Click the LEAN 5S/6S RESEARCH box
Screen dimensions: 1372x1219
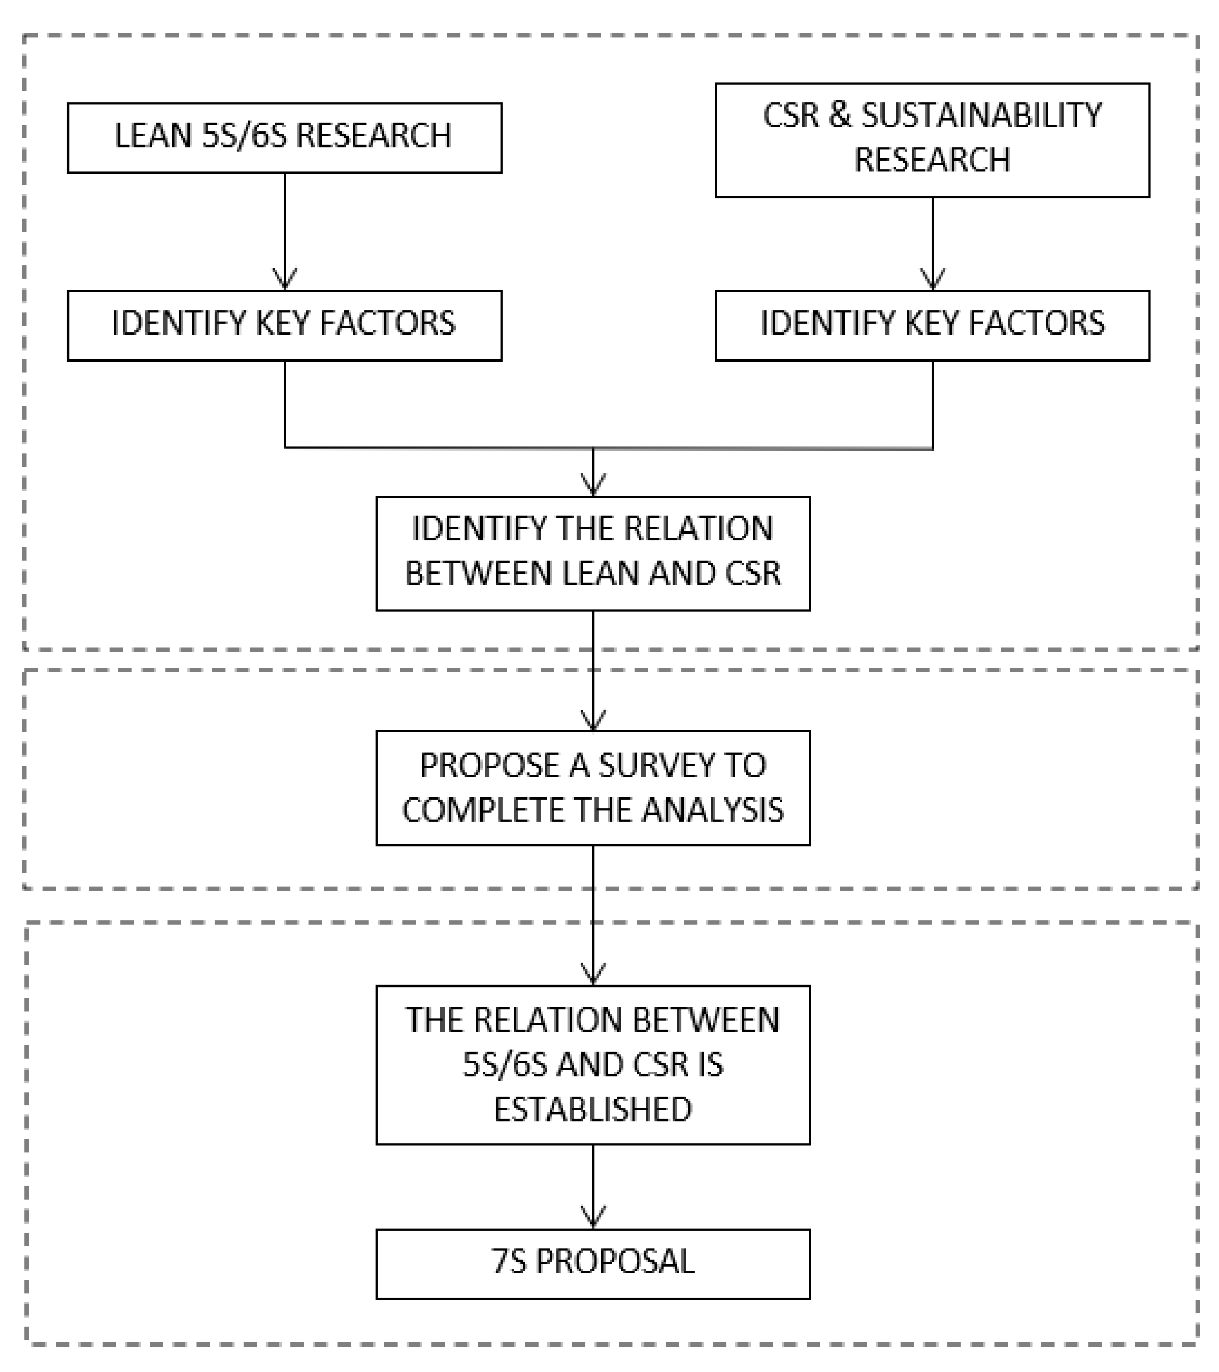tap(284, 138)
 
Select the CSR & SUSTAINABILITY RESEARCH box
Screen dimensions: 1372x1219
tap(932, 140)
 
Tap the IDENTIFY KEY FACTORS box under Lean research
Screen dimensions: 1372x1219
tap(284, 326)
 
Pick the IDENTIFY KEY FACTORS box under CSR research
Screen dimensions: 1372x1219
tap(932, 326)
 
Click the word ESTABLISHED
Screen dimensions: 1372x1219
tap(592, 1109)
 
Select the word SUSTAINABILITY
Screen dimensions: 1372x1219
tap(981, 115)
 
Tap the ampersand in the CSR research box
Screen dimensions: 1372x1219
tap(839, 115)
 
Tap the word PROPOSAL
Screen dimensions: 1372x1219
tap(614, 1262)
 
